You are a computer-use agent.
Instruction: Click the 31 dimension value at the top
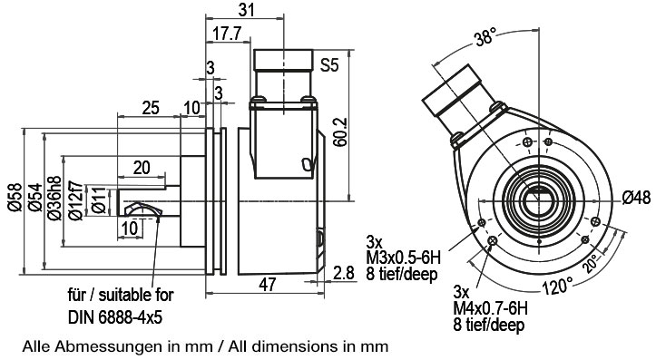point(246,9)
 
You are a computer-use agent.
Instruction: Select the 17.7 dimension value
point(227,34)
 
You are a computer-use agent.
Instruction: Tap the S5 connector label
point(329,64)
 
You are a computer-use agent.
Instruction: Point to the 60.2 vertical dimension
point(340,131)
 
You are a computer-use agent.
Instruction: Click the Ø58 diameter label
point(15,198)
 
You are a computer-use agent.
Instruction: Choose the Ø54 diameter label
point(35,198)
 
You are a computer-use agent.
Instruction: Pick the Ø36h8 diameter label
point(54,199)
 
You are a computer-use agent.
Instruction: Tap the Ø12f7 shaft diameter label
point(75,200)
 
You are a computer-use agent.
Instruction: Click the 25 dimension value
point(151,108)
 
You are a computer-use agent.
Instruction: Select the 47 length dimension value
point(268,285)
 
